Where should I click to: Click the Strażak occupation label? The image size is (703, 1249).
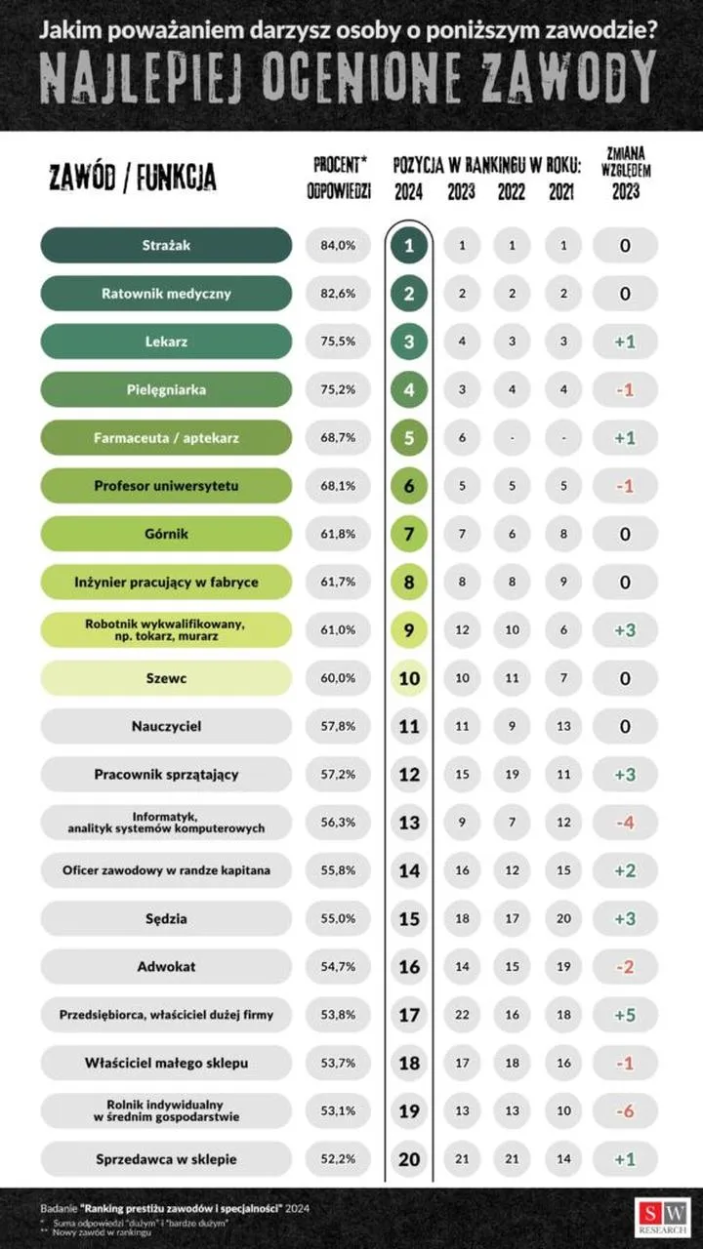coord(166,246)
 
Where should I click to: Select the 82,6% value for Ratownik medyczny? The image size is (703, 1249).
coord(338,294)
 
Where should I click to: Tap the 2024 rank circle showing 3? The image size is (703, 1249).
coord(410,342)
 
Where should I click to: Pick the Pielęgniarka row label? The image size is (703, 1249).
coord(166,390)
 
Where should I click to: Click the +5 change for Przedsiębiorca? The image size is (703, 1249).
coord(625,1015)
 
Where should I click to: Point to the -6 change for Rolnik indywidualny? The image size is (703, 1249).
coord(625,1111)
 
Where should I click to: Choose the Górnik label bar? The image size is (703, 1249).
coord(166,535)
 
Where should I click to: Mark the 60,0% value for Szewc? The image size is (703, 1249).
coord(338,679)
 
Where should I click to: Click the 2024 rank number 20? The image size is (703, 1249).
coord(410,1159)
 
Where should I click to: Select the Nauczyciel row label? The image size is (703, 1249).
coord(166,727)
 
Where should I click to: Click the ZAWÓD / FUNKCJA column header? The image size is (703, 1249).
coord(133,178)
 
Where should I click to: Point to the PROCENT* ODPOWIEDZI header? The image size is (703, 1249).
coord(339,178)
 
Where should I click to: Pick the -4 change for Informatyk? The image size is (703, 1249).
coord(625,823)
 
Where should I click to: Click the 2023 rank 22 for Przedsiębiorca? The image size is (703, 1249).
coord(462,1015)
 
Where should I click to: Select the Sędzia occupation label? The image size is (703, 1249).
coord(166,919)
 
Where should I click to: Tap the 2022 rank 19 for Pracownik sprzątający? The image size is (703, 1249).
coord(511,775)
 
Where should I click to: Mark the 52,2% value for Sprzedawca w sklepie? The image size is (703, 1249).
coord(338,1159)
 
